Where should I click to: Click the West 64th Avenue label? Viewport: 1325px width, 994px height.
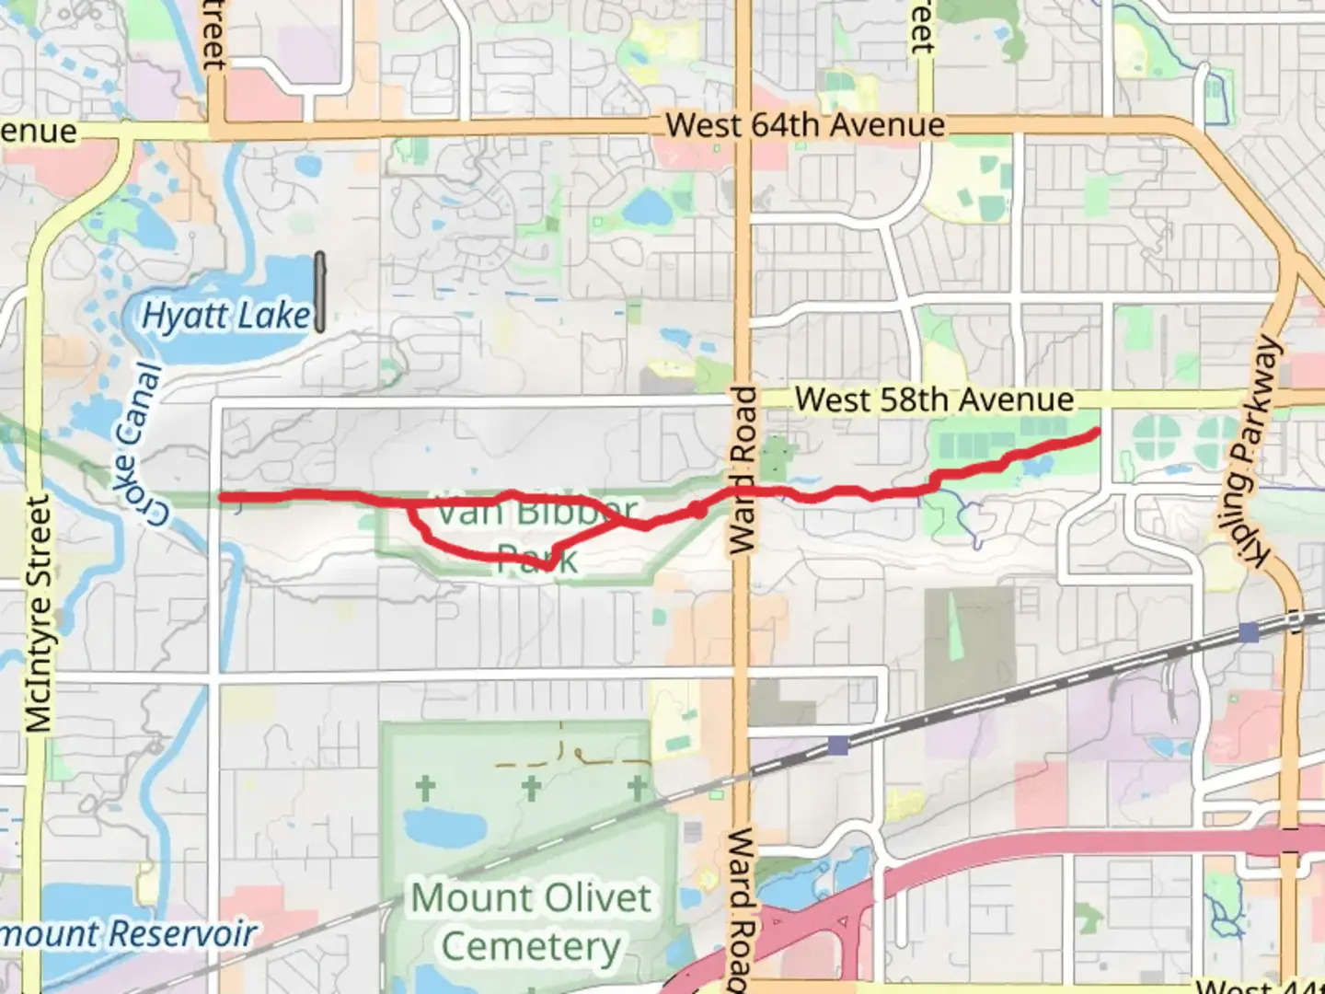(x=805, y=125)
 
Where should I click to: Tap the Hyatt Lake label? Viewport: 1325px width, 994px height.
(x=226, y=316)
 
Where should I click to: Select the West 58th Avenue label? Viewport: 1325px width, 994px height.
(x=934, y=399)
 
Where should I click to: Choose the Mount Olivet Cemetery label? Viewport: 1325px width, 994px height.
(x=532, y=921)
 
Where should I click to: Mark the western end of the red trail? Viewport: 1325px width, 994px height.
(x=222, y=498)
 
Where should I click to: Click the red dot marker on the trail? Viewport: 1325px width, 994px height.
(x=697, y=509)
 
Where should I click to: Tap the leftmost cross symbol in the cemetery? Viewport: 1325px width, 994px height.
(x=424, y=789)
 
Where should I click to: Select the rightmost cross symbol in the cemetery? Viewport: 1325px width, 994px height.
(x=637, y=789)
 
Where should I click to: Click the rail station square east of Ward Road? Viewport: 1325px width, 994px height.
(x=837, y=745)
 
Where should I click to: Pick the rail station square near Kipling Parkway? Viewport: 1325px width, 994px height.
(x=1249, y=632)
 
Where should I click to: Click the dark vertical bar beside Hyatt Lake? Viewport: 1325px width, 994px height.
(x=319, y=292)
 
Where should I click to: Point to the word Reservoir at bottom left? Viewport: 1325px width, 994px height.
(x=183, y=934)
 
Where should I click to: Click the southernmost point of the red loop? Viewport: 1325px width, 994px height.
(x=547, y=567)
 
